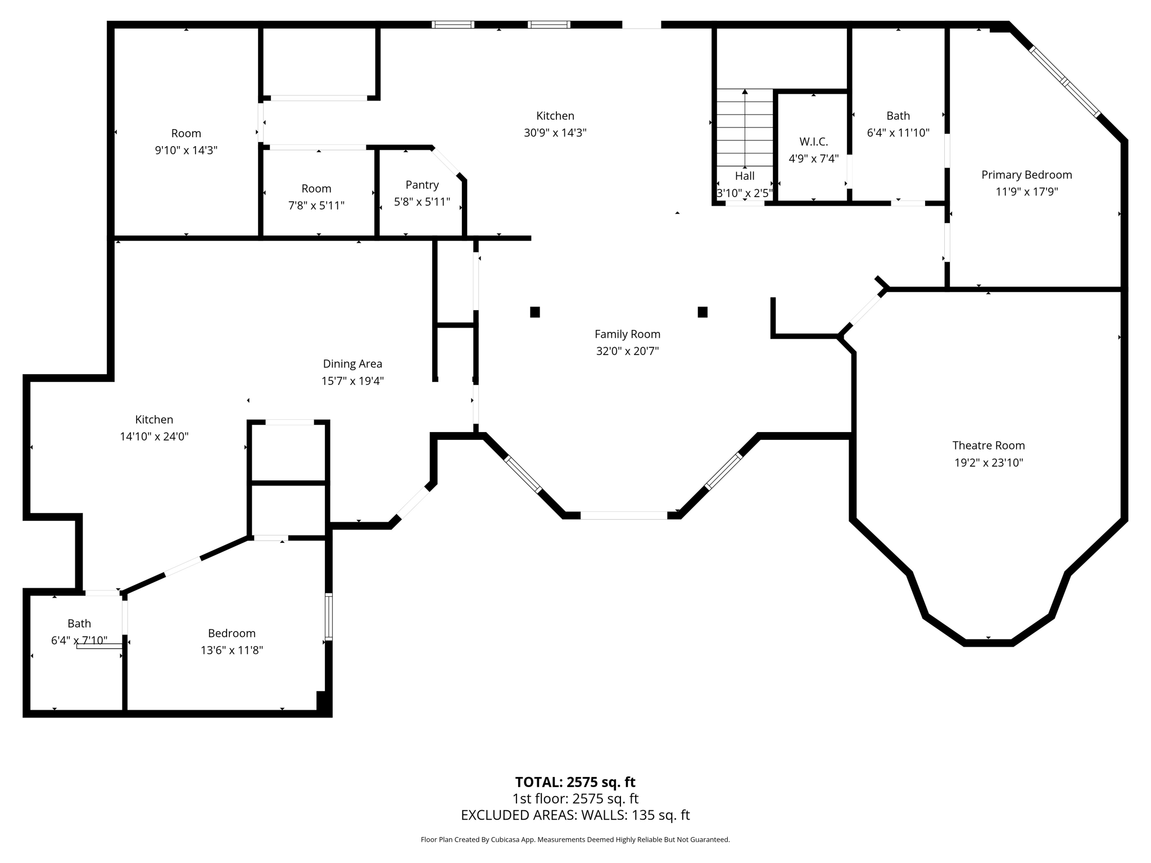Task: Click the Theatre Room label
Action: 988,446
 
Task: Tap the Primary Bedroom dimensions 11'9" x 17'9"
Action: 1026,192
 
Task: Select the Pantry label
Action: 422,185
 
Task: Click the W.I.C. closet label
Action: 813,142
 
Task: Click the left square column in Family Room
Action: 535,312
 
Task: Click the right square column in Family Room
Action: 703,312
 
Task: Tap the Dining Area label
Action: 352,364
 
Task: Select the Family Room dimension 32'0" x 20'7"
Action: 627,351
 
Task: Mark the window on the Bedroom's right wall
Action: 329,616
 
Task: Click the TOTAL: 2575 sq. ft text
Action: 575,782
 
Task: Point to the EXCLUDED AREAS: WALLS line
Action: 575,815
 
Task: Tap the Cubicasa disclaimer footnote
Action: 575,840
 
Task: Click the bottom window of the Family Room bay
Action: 624,515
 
